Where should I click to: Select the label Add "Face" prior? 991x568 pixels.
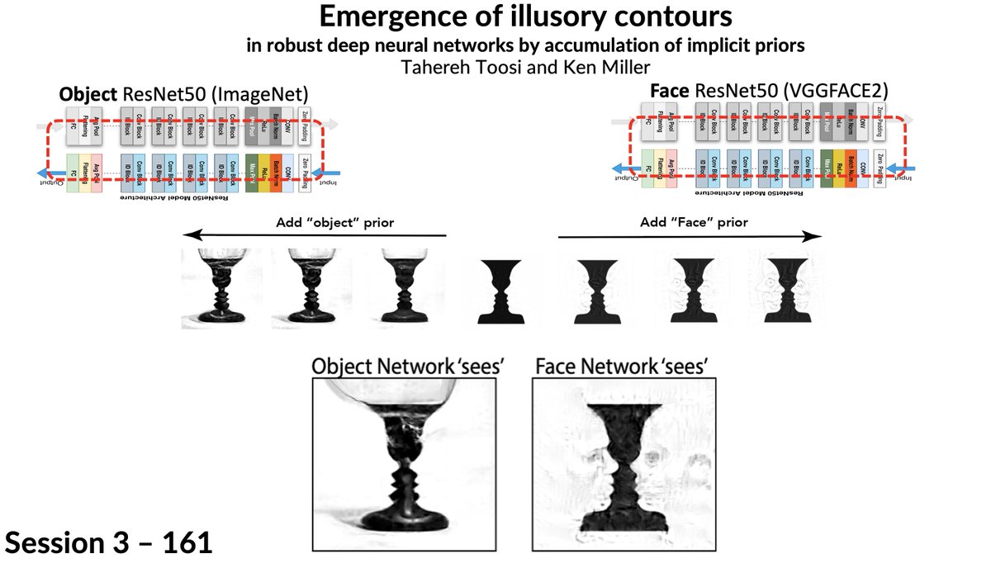coord(695,222)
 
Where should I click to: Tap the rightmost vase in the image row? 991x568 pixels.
coord(780,289)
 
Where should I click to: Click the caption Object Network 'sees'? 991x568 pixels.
coord(407,367)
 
